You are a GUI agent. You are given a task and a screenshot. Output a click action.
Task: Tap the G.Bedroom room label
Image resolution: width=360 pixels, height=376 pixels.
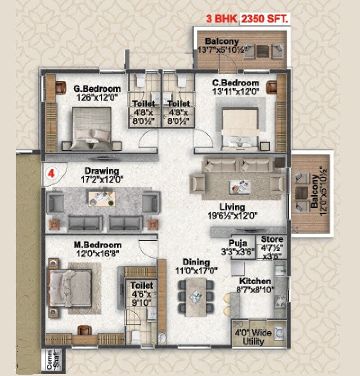tap(97, 89)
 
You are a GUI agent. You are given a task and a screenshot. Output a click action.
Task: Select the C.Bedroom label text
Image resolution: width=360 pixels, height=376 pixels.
tap(236, 83)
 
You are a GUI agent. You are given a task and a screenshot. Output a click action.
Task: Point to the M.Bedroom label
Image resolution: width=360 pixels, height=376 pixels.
tap(98, 245)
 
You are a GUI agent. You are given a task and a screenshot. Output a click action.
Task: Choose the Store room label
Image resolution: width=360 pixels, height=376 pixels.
tap(272, 239)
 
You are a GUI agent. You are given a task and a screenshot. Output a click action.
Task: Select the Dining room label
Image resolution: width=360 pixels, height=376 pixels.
tap(196, 262)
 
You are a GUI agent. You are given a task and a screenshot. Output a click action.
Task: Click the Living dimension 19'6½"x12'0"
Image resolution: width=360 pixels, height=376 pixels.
tap(232, 215)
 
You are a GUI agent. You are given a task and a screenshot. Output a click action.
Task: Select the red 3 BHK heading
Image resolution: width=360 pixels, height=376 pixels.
tap(222, 19)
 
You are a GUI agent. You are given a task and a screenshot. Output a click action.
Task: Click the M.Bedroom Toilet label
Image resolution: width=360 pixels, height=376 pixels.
tap(142, 285)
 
